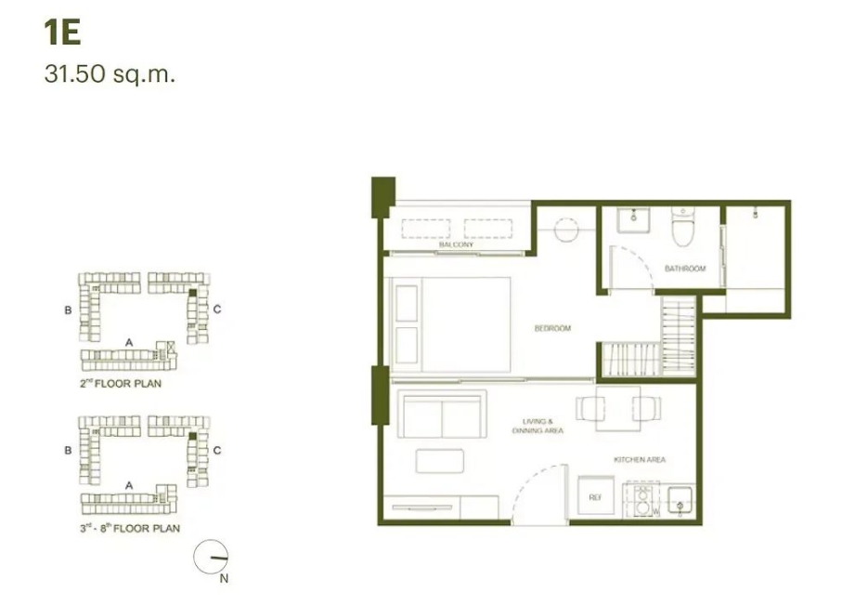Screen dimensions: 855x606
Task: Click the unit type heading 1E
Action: pos(63,33)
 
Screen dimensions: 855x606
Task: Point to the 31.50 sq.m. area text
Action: pos(110,74)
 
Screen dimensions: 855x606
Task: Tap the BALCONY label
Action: pos(457,244)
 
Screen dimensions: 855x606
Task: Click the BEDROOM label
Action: pos(552,328)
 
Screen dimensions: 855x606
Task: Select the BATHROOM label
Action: pos(685,269)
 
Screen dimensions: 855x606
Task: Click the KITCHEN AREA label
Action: pos(640,460)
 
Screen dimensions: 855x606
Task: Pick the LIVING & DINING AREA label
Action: pos(538,426)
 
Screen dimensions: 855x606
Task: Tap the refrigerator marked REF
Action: pos(595,496)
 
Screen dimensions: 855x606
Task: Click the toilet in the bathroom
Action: pos(682,227)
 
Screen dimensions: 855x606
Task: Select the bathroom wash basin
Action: pos(634,220)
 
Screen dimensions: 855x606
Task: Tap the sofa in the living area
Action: pos(442,414)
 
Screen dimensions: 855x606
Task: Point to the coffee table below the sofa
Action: pos(440,461)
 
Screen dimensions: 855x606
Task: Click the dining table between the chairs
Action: pos(617,408)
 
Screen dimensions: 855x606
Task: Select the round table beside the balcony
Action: pos(566,230)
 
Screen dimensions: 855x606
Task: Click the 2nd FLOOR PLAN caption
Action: pos(121,383)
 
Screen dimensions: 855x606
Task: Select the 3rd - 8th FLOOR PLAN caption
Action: pos(130,528)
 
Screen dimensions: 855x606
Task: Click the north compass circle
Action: pos(211,558)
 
